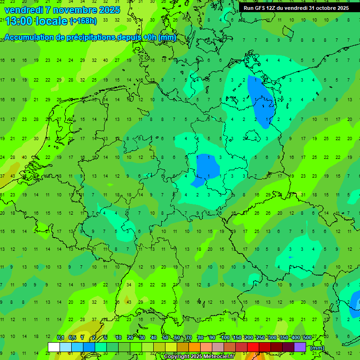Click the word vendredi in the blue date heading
point(24,10)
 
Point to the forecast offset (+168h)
point(83,21)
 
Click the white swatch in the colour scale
point(54,347)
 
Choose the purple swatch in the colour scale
point(300,347)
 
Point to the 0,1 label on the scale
point(60,337)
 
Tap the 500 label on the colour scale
point(307,337)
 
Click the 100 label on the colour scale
point(225,337)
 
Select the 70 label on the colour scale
point(189,337)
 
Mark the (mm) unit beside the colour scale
point(317,348)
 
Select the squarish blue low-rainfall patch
point(207,166)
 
